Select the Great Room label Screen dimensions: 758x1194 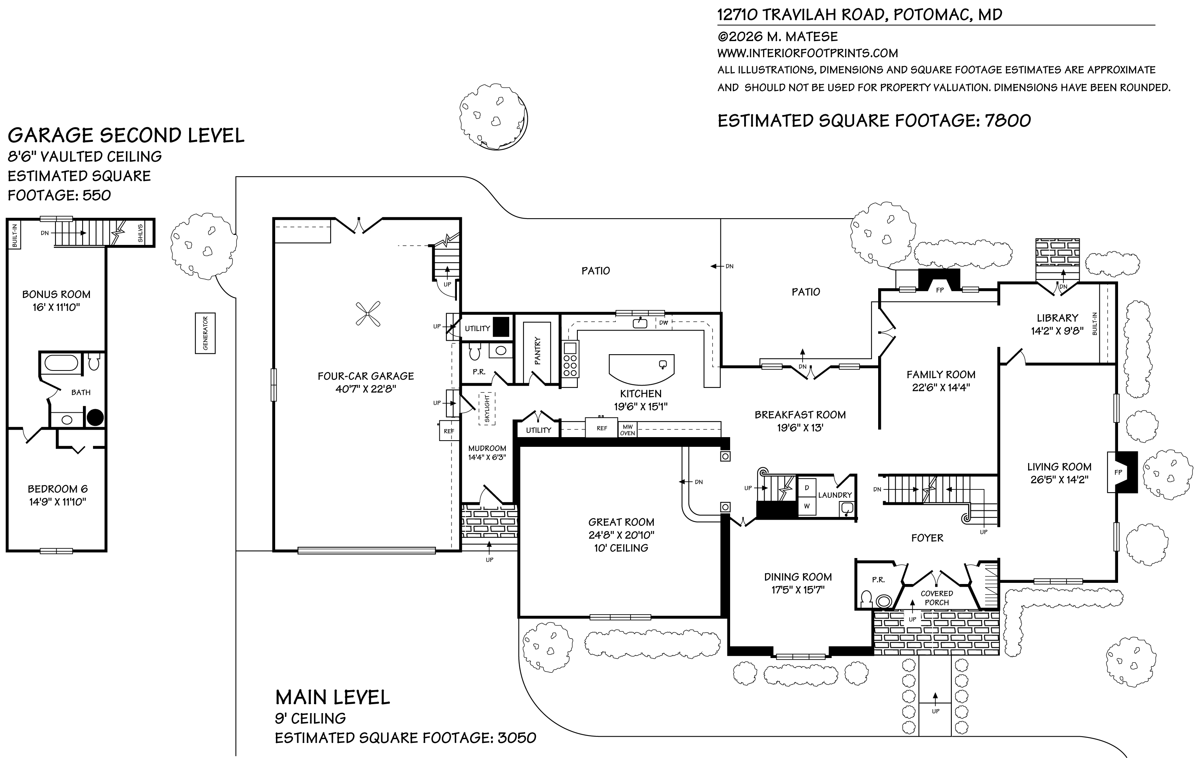pyautogui.click(x=621, y=522)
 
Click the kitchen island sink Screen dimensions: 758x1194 pyautogui.click(x=662, y=365)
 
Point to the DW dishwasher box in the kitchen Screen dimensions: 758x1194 pyautogui.click(x=663, y=323)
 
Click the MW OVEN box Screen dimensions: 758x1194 pyautogui.click(x=627, y=430)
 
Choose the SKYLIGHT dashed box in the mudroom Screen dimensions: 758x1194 pyautogui.click(x=487, y=408)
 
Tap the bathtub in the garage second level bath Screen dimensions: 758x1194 pyautogui.click(x=61, y=363)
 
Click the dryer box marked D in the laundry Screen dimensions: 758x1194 pyautogui.click(x=807, y=488)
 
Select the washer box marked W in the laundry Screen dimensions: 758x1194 pyautogui.click(x=807, y=506)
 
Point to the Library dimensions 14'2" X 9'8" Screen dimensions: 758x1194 pyautogui.click(x=1057, y=331)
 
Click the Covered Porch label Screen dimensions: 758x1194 pyautogui.click(x=937, y=598)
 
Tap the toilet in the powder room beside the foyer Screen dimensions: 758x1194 pyautogui.click(x=866, y=598)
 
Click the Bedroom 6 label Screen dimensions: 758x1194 pyautogui.click(x=57, y=489)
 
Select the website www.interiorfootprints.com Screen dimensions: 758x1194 pyautogui.click(x=807, y=53)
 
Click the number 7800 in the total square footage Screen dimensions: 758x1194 pyautogui.click(x=1008, y=121)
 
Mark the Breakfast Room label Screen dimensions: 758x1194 pyautogui.click(x=800, y=415)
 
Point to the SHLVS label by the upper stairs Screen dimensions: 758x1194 pyautogui.click(x=140, y=233)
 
